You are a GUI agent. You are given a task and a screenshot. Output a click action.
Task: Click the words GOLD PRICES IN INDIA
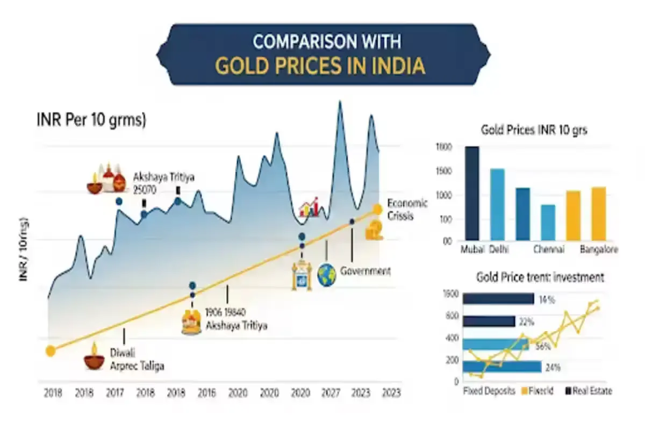pyautogui.click(x=320, y=65)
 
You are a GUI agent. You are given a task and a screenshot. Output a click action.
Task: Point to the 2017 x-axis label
pyautogui.click(x=114, y=393)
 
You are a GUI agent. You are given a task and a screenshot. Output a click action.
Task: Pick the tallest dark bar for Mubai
pyautogui.click(x=472, y=193)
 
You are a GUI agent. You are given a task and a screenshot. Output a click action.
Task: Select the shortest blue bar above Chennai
pyautogui.click(x=548, y=222)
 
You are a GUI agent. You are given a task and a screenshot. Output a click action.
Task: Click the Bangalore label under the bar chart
pyautogui.click(x=599, y=250)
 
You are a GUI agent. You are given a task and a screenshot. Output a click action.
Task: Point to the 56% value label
pyautogui.click(x=542, y=347)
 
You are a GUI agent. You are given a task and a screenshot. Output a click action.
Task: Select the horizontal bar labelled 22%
pyautogui.click(x=489, y=321)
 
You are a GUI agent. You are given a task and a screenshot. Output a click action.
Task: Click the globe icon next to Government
pyautogui.click(x=327, y=274)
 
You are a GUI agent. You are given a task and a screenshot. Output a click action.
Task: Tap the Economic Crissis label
pyautogui.click(x=407, y=209)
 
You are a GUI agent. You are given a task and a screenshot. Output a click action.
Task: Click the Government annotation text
pyautogui.click(x=365, y=271)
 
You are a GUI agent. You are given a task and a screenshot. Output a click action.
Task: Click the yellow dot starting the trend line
pyautogui.click(x=51, y=351)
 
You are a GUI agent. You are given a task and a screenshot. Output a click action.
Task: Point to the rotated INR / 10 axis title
pyautogui.click(x=24, y=252)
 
